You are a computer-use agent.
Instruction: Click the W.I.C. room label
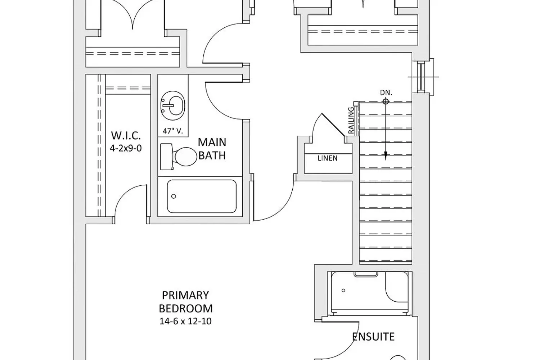coord(125,136)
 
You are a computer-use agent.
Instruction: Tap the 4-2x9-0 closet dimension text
coord(126,148)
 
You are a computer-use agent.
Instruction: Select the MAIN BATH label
coord(212,149)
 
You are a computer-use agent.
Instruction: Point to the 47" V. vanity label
coord(173,131)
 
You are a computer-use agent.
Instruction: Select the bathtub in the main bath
coord(202,196)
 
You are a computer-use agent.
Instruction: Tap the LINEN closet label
coord(328,158)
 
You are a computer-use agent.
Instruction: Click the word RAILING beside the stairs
coord(351,120)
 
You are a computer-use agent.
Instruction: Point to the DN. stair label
coord(386,93)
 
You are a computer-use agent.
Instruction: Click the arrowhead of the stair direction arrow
coord(386,156)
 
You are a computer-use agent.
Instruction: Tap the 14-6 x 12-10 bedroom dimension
coord(185,321)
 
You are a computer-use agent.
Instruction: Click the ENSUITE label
coord(373,337)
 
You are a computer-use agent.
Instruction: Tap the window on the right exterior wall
coord(420,76)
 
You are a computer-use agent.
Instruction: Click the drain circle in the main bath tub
coord(174,196)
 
